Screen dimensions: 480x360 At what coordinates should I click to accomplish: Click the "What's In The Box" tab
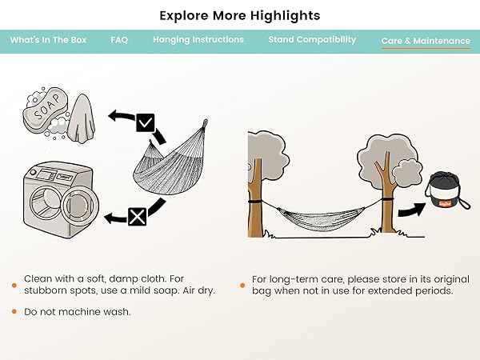point(48,40)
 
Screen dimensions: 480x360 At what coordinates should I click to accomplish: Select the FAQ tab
point(119,40)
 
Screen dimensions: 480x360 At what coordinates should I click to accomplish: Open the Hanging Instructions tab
point(198,39)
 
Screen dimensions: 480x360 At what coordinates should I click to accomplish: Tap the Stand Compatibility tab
point(312,39)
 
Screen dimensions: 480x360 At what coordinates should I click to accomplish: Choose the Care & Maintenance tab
point(426,41)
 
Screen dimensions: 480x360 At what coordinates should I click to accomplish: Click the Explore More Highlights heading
point(240,15)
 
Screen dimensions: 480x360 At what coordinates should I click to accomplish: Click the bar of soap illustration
point(46,111)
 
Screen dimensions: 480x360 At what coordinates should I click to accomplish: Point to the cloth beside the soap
point(81,118)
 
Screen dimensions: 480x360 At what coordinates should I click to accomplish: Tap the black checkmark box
point(145,122)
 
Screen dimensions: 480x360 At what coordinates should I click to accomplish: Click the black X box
point(137,217)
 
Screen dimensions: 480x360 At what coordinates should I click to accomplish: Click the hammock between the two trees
point(321,218)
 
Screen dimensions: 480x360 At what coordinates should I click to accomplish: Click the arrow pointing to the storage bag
point(412,210)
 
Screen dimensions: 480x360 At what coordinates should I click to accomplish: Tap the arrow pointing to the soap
point(122,117)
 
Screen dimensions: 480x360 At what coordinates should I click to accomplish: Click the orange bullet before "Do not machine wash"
point(14,312)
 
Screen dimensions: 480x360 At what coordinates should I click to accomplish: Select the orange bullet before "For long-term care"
point(242,286)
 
